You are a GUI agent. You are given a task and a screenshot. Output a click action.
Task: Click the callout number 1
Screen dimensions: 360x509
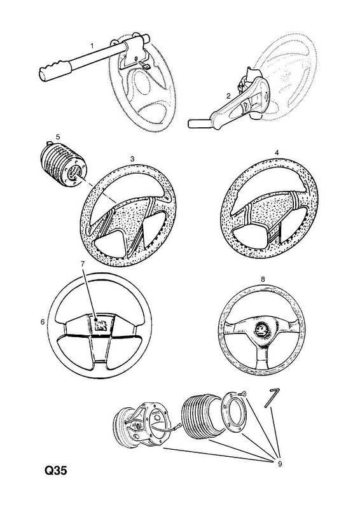pos(92,46)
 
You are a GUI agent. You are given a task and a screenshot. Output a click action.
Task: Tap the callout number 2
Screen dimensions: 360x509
pos(228,96)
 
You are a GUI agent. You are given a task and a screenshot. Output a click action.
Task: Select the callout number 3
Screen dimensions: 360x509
pos(132,158)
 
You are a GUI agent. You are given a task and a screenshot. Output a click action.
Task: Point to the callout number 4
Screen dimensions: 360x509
pos(277,152)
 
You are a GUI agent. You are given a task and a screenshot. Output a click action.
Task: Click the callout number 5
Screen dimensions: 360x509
pos(59,137)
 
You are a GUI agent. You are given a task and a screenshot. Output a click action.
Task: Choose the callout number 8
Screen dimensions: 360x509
pos(263,279)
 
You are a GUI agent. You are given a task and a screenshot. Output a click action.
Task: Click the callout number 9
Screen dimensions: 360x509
pos(280,464)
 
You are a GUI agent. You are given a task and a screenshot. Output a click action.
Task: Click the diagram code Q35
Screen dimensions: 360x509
pos(55,470)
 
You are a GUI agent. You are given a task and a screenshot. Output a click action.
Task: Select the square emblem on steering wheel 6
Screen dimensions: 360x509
pos(101,325)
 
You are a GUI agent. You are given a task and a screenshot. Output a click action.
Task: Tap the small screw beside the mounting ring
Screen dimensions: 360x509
pos(242,394)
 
